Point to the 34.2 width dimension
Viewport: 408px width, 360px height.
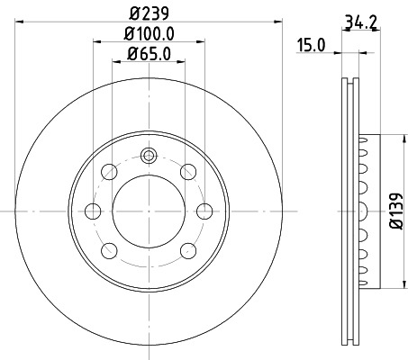359,20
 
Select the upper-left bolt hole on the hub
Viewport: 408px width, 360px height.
110,171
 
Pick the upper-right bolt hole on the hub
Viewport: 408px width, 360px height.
187,171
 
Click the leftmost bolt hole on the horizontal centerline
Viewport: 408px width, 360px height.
92,211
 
